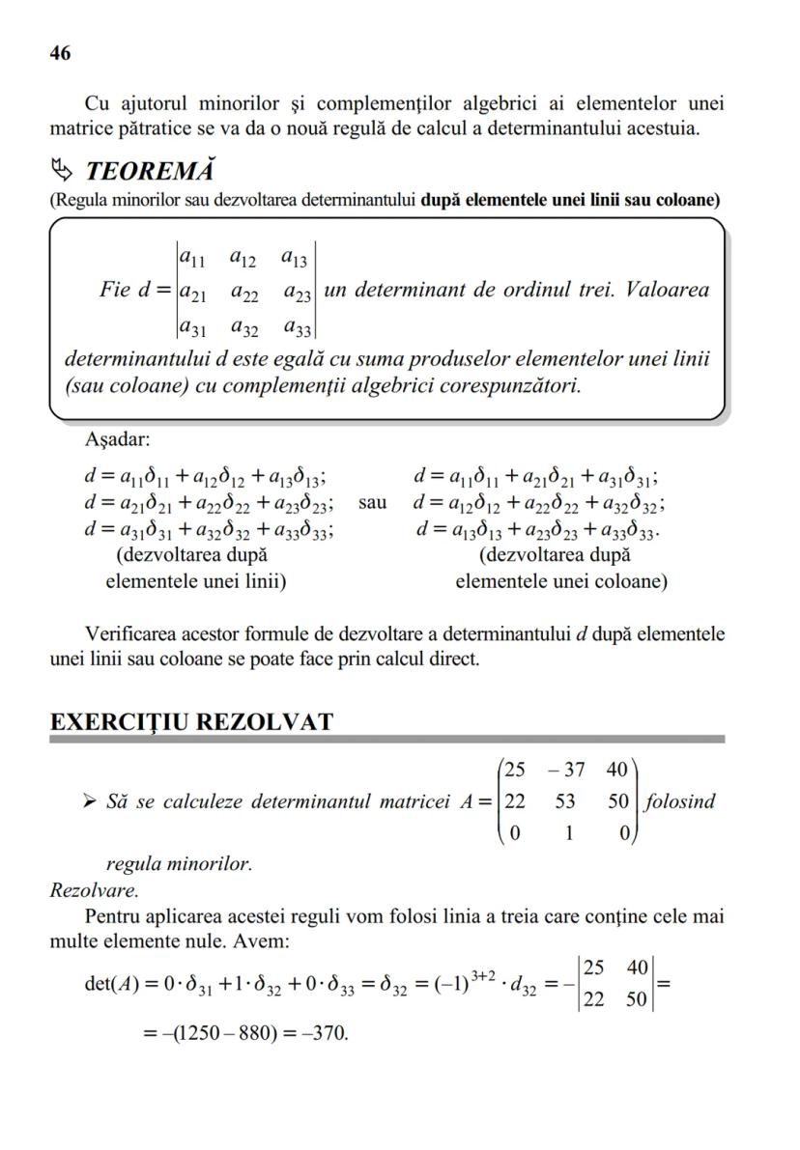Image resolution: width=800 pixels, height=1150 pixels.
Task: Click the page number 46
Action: point(60,54)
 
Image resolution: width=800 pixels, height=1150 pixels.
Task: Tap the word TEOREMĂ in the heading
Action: point(150,173)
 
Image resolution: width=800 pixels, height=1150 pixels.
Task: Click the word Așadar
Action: point(117,440)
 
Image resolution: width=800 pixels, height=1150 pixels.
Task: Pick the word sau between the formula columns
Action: point(373,503)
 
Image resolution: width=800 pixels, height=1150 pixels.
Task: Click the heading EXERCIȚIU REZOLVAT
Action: point(191,722)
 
